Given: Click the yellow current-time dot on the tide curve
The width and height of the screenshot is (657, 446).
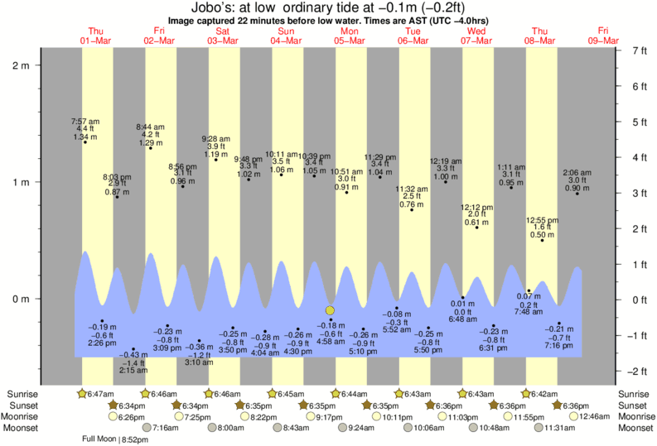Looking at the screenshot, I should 331,309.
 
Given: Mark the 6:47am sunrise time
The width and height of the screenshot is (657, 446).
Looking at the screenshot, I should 100,394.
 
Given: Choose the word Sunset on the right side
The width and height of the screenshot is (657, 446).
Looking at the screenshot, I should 635,405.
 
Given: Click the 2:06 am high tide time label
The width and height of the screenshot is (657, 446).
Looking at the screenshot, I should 577,172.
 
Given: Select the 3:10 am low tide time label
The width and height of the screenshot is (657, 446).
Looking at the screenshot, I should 199,362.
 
